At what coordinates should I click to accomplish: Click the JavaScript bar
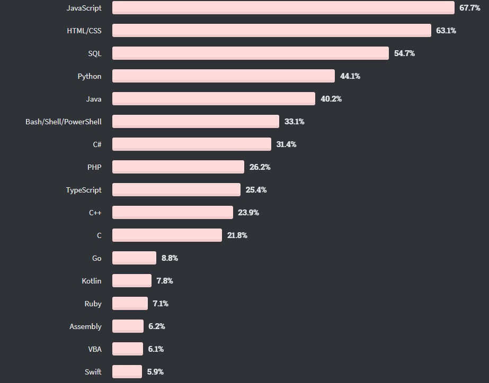pos(283,8)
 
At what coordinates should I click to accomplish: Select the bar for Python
pos(223,76)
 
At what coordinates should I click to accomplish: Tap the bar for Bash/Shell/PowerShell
pos(195,122)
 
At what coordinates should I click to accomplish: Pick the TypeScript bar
pos(176,190)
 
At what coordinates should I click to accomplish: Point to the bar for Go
pos(134,258)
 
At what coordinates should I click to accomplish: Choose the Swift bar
pos(127,372)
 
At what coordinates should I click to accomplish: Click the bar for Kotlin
pos(131,281)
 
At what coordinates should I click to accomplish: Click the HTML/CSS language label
pos(84,31)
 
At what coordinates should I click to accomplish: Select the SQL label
pos(94,53)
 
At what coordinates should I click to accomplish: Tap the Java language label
pos(93,99)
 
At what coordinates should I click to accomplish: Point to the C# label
pos(96,144)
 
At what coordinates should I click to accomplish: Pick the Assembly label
pos(85,326)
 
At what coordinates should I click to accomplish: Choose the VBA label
pos(94,349)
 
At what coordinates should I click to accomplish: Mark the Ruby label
pos(93,304)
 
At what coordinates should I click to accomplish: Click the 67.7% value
pos(469,8)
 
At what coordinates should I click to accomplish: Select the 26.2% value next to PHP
pos(260,167)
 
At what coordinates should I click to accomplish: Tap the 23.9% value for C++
pos(248,213)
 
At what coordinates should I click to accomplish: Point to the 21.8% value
pos(237,235)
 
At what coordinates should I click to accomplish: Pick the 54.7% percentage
pos(404,53)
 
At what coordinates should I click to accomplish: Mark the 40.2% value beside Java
pos(331,99)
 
